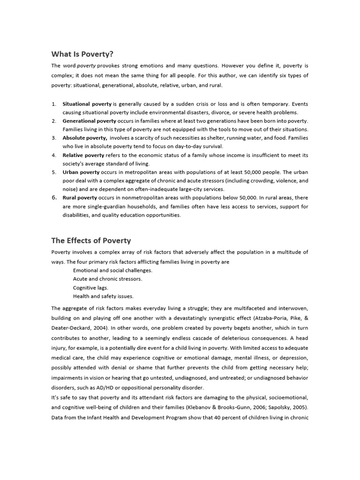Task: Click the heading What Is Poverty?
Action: (82, 53)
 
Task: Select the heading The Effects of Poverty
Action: (91, 240)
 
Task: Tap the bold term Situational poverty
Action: (87, 104)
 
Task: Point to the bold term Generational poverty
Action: (90, 121)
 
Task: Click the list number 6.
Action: (54, 198)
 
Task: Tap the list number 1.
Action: (54, 104)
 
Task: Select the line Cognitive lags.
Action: (90, 287)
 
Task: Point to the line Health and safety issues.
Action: (103, 296)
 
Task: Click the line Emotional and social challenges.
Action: (112, 270)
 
